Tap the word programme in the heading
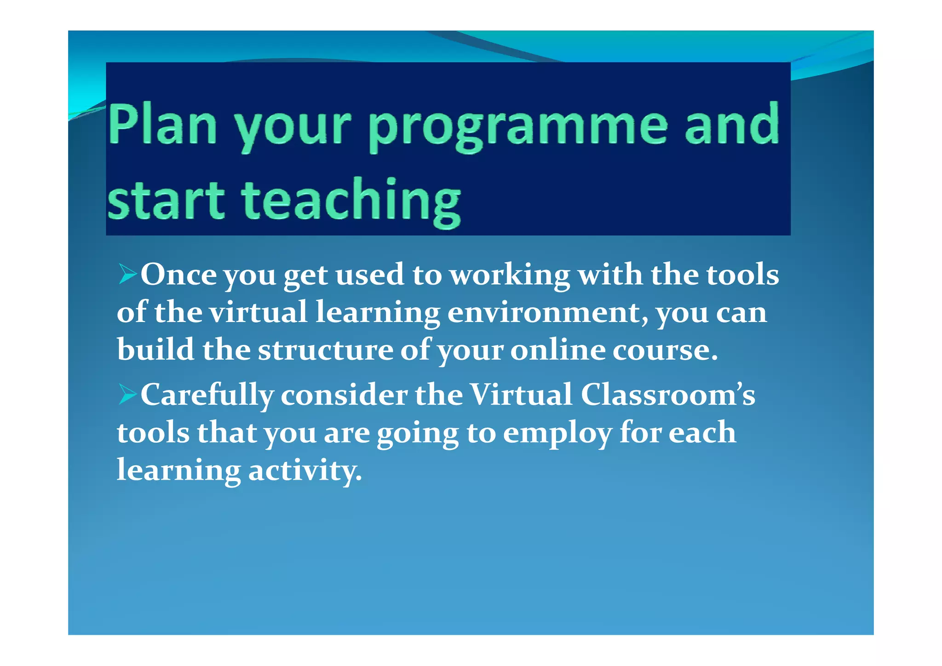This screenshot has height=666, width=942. point(518,126)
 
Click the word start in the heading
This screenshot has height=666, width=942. point(166,200)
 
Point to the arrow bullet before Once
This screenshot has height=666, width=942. point(127,274)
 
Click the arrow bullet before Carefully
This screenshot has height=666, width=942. point(127,394)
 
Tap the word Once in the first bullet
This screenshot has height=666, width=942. point(178,275)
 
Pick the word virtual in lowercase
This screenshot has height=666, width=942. point(258,312)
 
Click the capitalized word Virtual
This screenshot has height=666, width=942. point(522,395)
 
